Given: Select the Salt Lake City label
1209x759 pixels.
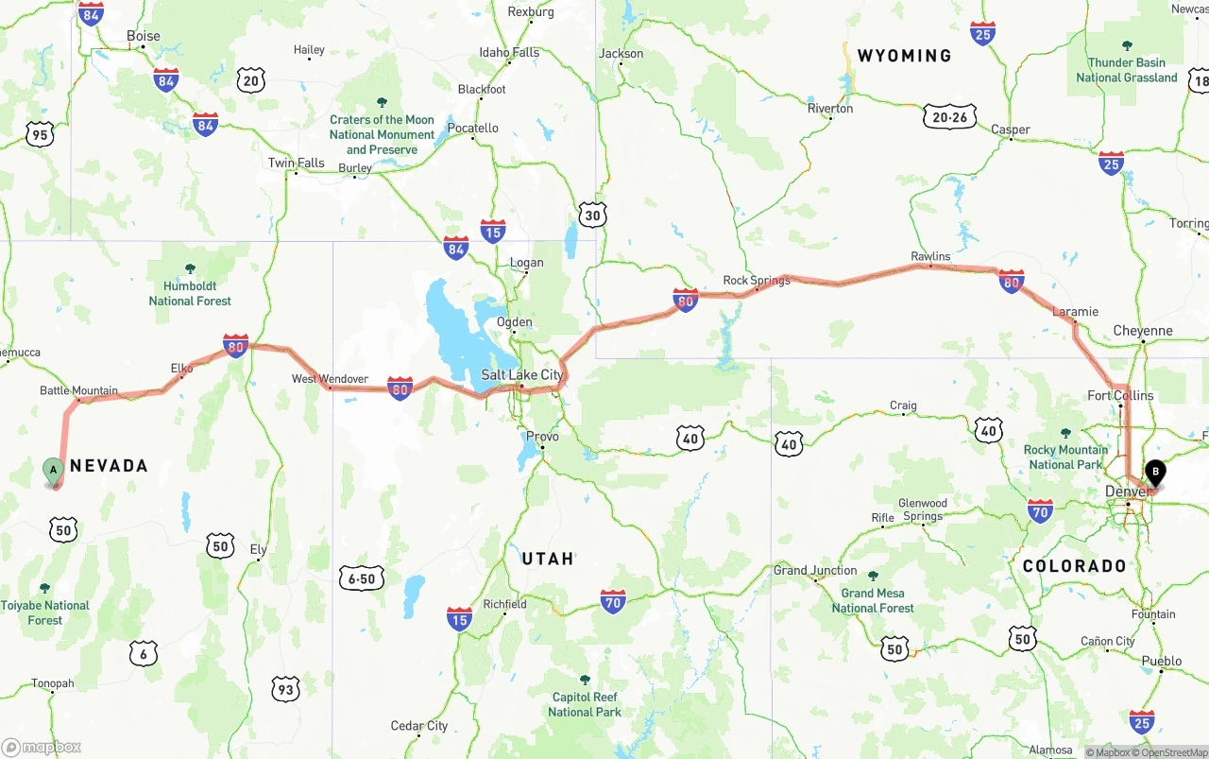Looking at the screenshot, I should click(521, 375).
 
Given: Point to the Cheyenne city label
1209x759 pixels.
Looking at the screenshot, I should click(1143, 331).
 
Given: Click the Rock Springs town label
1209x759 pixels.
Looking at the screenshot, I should click(756, 281).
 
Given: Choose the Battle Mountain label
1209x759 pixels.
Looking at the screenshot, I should click(78, 390).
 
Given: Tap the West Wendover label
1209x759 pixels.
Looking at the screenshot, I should click(330, 379).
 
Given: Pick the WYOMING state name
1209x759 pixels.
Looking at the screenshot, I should click(904, 56).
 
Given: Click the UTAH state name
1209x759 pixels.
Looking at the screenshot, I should click(548, 559).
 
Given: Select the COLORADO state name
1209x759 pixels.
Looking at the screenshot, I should click(1074, 566).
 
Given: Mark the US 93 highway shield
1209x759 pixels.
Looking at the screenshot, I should click(285, 689).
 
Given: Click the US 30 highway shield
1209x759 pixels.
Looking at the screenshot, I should click(592, 215).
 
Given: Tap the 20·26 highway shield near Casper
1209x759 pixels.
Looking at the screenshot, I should click(950, 117).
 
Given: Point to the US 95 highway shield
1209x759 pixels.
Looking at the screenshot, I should click(40, 135).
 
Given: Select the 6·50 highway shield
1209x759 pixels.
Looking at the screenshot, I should click(362, 578).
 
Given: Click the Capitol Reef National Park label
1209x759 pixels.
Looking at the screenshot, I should click(584, 704).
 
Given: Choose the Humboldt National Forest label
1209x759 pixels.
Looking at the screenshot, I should click(190, 293).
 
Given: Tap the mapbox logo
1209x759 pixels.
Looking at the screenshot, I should click(42, 747).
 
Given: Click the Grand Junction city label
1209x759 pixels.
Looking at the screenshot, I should click(815, 570).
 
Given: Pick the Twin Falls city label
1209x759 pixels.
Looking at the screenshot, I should click(296, 163).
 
